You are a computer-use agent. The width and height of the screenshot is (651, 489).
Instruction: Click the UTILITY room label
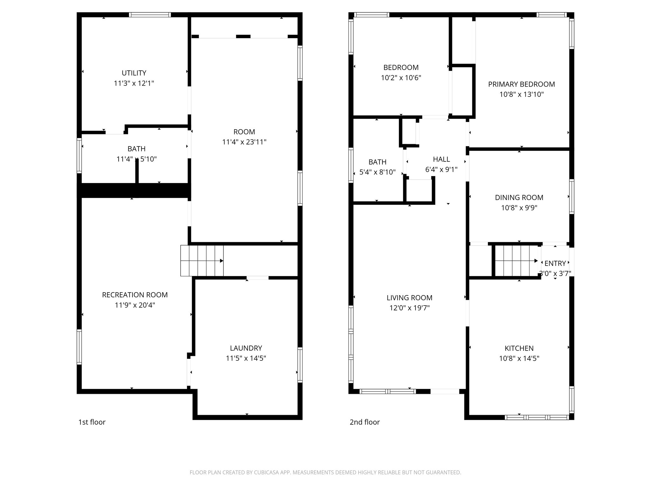(x=134, y=73)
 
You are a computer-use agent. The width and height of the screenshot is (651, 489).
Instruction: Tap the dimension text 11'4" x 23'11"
(x=244, y=142)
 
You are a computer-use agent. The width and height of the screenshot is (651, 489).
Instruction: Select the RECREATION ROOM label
(x=135, y=295)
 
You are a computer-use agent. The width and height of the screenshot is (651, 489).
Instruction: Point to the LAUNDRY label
(x=246, y=348)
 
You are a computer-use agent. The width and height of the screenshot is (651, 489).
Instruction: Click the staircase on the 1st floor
(x=202, y=261)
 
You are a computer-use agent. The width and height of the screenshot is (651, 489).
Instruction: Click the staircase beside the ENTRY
(x=516, y=261)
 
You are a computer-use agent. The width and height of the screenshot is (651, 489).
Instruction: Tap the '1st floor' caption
(x=92, y=422)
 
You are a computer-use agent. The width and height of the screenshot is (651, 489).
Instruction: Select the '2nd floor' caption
(x=365, y=422)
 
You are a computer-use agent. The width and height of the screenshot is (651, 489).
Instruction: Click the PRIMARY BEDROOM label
(x=521, y=84)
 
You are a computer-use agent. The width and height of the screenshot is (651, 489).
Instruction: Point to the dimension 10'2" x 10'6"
(x=401, y=78)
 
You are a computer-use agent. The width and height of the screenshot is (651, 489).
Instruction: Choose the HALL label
(x=441, y=159)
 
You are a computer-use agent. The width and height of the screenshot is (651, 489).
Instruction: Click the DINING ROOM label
(x=519, y=197)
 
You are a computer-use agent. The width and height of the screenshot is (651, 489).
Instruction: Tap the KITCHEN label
(x=519, y=348)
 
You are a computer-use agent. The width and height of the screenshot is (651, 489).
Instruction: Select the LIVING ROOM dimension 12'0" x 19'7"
(x=409, y=308)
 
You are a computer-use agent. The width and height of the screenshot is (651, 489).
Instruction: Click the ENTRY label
(x=555, y=263)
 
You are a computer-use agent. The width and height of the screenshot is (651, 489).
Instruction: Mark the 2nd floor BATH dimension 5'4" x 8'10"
(x=377, y=172)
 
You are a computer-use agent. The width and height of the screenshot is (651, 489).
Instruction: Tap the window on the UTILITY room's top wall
(x=150, y=15)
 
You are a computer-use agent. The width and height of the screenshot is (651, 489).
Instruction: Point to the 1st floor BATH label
(x=136, y=149)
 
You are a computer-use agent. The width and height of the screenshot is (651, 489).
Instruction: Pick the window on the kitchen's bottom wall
(x=537, y=417)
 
